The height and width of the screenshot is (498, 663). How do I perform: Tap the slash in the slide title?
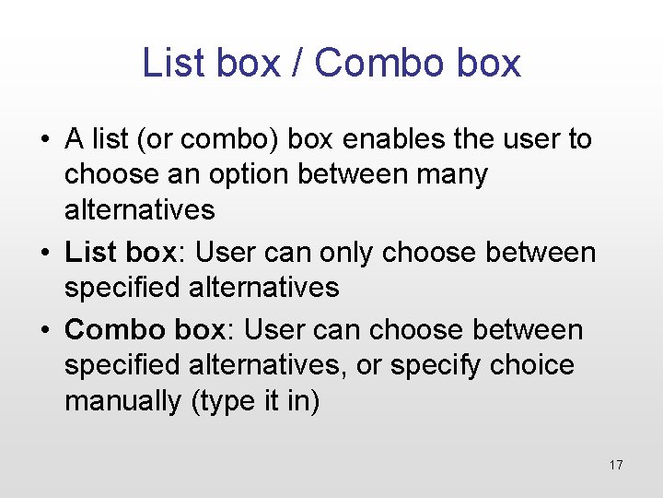pyautogui.click(x=297, y=63)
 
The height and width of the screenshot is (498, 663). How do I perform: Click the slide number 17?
pyautogui.click(x=616, y=465)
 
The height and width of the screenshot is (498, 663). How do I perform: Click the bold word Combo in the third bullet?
pyautogui.click(x=107, y=329)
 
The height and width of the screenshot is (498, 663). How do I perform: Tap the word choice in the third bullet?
pyautogui.click(x=531, y=365)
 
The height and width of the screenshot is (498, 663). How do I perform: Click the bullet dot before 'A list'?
pyautogui.click(x=44, y=140)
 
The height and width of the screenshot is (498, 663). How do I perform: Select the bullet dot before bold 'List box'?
pyautogui.click(x=44, y=253)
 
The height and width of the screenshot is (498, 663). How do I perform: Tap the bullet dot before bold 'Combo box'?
pyautogui.click(x=44, y=330)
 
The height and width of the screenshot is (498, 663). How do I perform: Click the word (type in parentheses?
pyautogui.click(x=220, y=401)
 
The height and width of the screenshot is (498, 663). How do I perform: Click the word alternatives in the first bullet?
pyautogui.click(x=139, y=209)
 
